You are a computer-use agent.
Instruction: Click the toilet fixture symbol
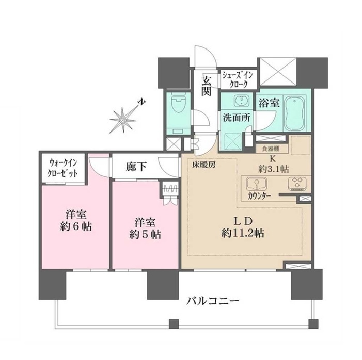[x=177, y=104]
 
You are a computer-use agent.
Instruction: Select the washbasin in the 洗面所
[x=242, y=101]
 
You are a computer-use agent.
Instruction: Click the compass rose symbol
[x=122, y=120]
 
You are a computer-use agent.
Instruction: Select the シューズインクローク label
[x=238, y=79]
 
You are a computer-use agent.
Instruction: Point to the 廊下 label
[x=136, y=167]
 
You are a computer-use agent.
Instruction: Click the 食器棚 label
[x=271, y=149]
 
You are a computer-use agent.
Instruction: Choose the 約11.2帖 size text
[x=243, y=234]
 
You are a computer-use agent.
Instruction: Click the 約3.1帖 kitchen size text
[x=273, y=170]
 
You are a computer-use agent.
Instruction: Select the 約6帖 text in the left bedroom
[x=76, y=227]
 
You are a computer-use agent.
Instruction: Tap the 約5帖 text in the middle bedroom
[x=145, y=235]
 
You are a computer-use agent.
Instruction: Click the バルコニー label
[x=213, y=301]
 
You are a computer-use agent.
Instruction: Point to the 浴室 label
[x=269, y=103]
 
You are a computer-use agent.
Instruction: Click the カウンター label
[x=260, y=196]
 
